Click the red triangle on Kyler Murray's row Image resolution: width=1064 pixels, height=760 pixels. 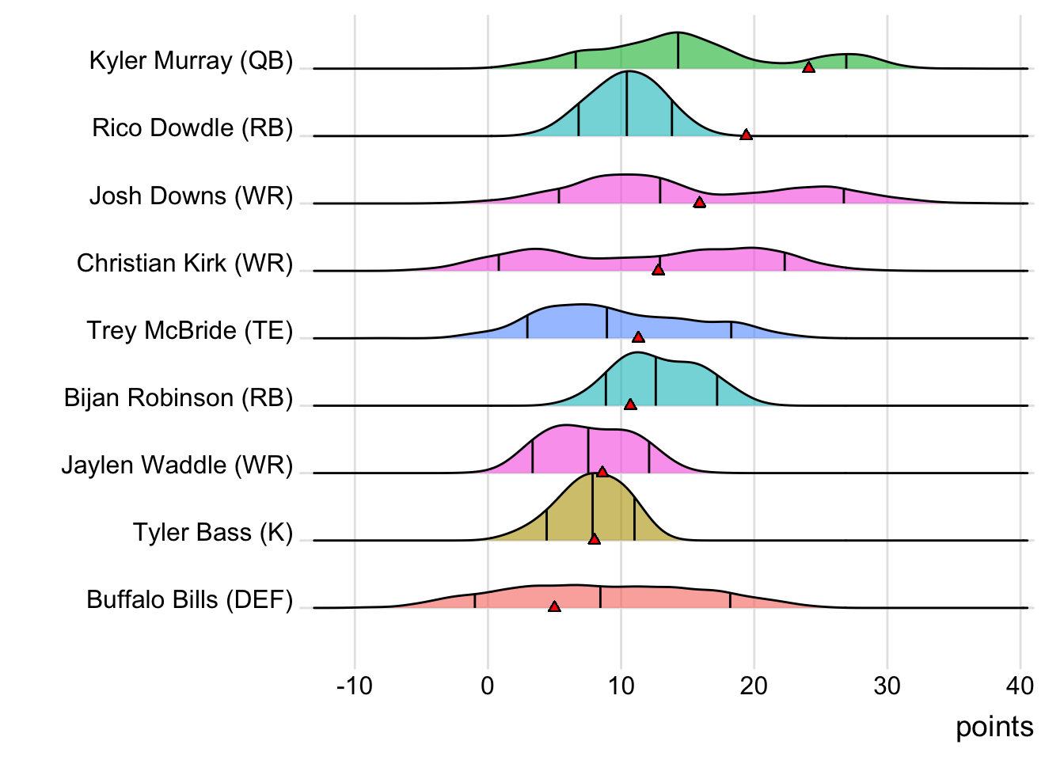(x=808, y=67)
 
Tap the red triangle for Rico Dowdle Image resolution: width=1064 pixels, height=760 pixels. (x=746, y=135)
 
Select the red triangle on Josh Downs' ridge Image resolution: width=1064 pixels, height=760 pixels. (x=699, y=203)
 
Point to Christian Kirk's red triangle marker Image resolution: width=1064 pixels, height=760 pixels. (x=658, y=270)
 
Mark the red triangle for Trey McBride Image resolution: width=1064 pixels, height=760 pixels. (x=638, y=337)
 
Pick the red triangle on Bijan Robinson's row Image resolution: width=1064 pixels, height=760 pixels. (x=630, y=405)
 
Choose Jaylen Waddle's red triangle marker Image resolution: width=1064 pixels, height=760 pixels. (x=602, y=472)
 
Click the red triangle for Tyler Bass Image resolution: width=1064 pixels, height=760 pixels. (x=595, y=539)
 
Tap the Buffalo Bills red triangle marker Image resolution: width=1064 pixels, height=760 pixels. (x=554, y=606)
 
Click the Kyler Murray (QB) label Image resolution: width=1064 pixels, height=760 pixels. (x=191, y=61)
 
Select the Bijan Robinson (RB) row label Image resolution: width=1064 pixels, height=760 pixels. (x=178, y=398)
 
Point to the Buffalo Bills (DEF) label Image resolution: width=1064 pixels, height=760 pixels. (x=189, y=600)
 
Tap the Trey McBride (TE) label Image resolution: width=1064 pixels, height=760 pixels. (x=189, y=331)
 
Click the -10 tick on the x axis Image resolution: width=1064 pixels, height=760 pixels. (x=354, y=686)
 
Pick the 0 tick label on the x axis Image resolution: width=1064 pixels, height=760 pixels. (x=488, y=686)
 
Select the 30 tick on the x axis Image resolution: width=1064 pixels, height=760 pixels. (x=887, y=686)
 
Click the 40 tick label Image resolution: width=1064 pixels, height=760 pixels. (x=1020, y=686)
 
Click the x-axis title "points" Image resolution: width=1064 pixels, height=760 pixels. (x=994, y=727)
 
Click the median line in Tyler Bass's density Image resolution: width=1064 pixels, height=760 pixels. (x=592, y=507)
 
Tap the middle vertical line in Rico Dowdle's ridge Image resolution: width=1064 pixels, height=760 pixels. (x=627, y=103)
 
